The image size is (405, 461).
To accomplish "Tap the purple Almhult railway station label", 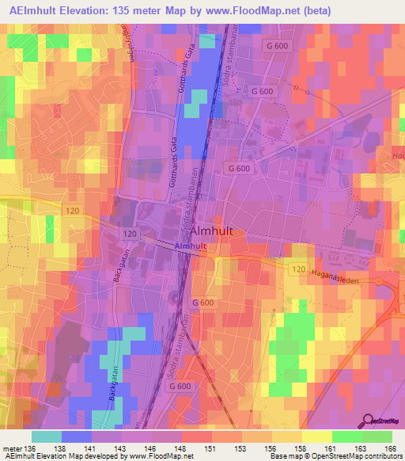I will pyautogui.click(x=190, y=246).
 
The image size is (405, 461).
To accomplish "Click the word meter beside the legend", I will pyautogui.click(x=12, y=448).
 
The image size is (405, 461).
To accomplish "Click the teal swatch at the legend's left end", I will pyautogui.click(x=47, y=436).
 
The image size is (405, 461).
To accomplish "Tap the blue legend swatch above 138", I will pyautogui.click(x=77, y=436).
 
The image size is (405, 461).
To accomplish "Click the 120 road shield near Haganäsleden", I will pyautogui.click(x=298, y=270).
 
